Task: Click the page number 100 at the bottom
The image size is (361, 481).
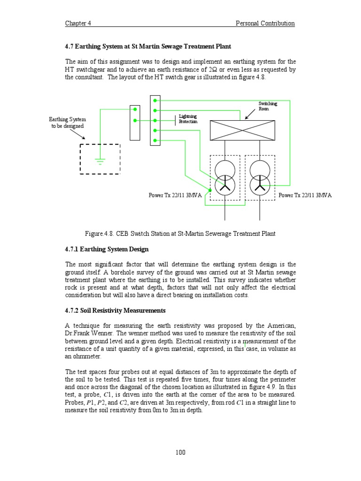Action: click(180, 452)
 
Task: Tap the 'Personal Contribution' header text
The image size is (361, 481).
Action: click(265, 23)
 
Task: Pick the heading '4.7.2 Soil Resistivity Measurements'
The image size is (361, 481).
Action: click(115, 310)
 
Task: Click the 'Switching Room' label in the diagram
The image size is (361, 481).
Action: click(267, 106)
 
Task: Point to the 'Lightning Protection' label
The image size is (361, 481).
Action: click(188, 119)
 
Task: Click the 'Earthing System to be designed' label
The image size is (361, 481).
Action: click(68, 123)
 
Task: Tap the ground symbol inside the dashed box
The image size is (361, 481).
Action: click(100, 161)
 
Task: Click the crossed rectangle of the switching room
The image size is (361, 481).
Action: click(242, 130)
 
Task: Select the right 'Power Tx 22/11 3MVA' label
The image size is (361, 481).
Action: click(305, 195)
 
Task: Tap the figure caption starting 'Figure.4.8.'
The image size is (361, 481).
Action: click(180, 233)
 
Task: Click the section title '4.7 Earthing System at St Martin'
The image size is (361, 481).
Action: click(148, 47)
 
